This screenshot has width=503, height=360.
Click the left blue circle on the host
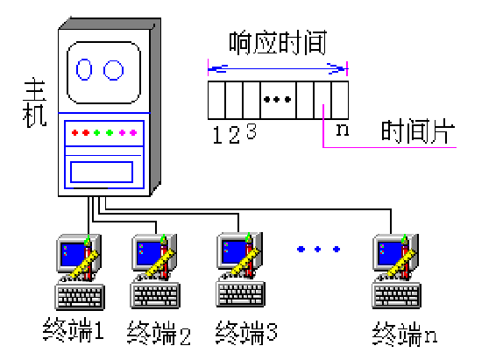pyautogui.click(x=86, y=68)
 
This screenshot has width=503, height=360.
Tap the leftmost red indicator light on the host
pyautogui.click(x=74, y=133)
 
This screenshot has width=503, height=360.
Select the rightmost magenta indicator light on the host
pyautogui.click(x=133, y=133)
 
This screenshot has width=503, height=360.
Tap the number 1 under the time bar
pyautogui.click(x=218, y=134)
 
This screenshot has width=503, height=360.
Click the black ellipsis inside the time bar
pyautogui.click(x=277, y=99)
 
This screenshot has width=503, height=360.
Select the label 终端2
pyautogui.click(x=159, y=332)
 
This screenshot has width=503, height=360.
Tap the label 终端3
pyautogui.click(x=246, y=332)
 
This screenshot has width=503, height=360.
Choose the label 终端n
pyautogui.click(x=404, y=332)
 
